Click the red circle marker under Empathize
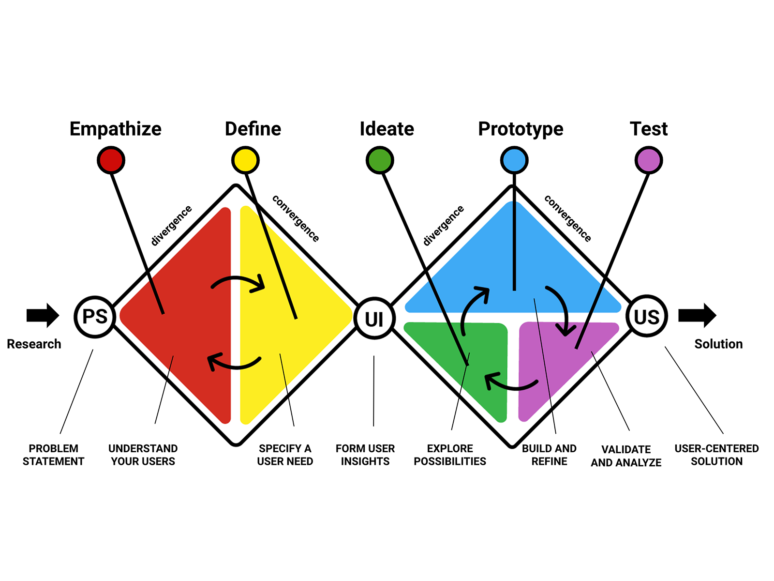(111, 160)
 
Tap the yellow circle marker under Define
(245, 160)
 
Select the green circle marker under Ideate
(380, 160)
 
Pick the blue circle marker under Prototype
(514, 160)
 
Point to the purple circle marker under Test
(648, 160)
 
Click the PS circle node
(95, 317)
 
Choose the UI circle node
(374, 319)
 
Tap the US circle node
(647, 317)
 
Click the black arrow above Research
(43, 315)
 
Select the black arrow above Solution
(697, 315)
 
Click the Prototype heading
(521, 129)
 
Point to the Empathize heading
(116, 129)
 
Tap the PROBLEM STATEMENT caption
(53, 455)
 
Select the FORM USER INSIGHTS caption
(365, 455)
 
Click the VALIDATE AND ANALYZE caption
(626, 456)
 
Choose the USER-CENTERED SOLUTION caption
(716, 455)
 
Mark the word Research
(34, 344)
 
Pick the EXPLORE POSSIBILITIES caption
(450, 455)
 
